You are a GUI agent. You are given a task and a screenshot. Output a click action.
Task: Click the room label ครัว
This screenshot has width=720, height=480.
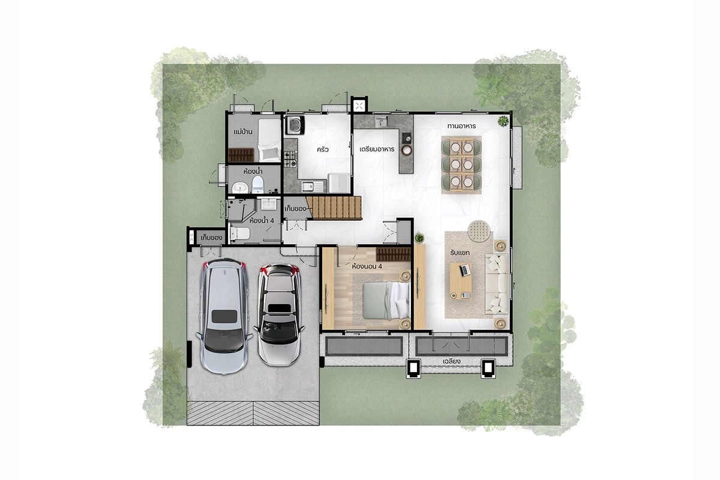pos(322,149)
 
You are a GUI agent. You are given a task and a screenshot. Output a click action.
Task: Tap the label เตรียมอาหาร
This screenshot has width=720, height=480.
pos(377,149)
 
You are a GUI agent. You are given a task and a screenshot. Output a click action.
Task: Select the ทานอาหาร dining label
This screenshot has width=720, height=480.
pos(461,126)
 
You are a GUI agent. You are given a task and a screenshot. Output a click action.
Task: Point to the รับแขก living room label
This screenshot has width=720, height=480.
pos(460,253)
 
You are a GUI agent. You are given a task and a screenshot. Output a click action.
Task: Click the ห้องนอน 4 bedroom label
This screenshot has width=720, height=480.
pos(367,266)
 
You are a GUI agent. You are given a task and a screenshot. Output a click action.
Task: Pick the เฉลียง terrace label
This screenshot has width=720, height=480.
pos(452,361)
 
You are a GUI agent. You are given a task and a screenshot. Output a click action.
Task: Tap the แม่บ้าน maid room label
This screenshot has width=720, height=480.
pos(242,132)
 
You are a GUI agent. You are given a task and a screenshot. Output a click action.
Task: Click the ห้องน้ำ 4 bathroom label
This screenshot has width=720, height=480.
pos(262,221)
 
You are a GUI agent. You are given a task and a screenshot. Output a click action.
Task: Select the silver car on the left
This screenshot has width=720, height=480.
pos(224,316)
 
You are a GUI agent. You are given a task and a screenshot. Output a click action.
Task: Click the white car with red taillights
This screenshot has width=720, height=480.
pos(280,315)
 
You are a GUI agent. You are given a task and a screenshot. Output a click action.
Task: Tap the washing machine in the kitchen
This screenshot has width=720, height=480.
pos(295,125)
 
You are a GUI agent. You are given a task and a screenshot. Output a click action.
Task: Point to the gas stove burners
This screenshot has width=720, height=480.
pos(290,159)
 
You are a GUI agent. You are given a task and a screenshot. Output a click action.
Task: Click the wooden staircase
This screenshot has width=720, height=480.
pos(334,208)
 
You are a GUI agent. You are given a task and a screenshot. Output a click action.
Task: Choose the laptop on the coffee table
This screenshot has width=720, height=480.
pos(465,270)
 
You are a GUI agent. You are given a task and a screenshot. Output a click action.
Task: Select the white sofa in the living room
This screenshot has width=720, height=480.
pos(497,284)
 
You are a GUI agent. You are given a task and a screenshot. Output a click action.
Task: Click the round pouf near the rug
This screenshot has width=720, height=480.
pos(479,231)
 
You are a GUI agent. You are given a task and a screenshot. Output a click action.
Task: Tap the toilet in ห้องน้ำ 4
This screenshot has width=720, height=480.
pos(240,233)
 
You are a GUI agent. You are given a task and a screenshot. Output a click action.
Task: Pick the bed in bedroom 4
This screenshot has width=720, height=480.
pos(386,301)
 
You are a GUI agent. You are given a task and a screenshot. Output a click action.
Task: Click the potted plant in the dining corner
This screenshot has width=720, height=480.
pos(503,121)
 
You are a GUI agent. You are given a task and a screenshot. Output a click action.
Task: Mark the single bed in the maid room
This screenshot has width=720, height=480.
pos(269,140)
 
